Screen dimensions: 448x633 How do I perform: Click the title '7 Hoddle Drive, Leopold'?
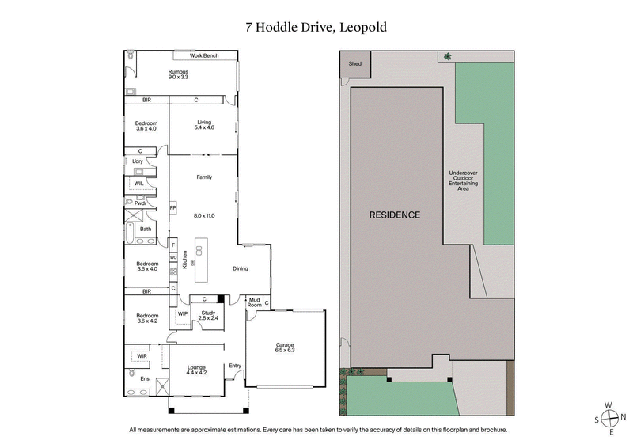[x=316, y=27]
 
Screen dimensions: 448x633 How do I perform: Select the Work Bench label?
[x=204, y=56]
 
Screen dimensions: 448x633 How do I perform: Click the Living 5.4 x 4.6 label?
[x=205, y=125]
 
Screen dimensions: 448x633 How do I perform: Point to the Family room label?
[x=204, y=177]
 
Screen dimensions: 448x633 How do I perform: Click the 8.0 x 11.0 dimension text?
[x=204, y=215]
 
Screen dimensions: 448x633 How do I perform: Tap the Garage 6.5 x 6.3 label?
[x=285, y=347]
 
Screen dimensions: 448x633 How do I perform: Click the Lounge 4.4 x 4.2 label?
[x=196, y=370]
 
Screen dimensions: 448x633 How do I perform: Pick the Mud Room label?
[x=254, y=303]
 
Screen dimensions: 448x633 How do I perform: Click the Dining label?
[x=240, y=268]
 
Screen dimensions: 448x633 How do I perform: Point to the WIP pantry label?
[x=182, y=313]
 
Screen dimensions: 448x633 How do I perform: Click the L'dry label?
[x=138, y=161]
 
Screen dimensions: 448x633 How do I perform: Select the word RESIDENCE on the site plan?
[x=395, y=215]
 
